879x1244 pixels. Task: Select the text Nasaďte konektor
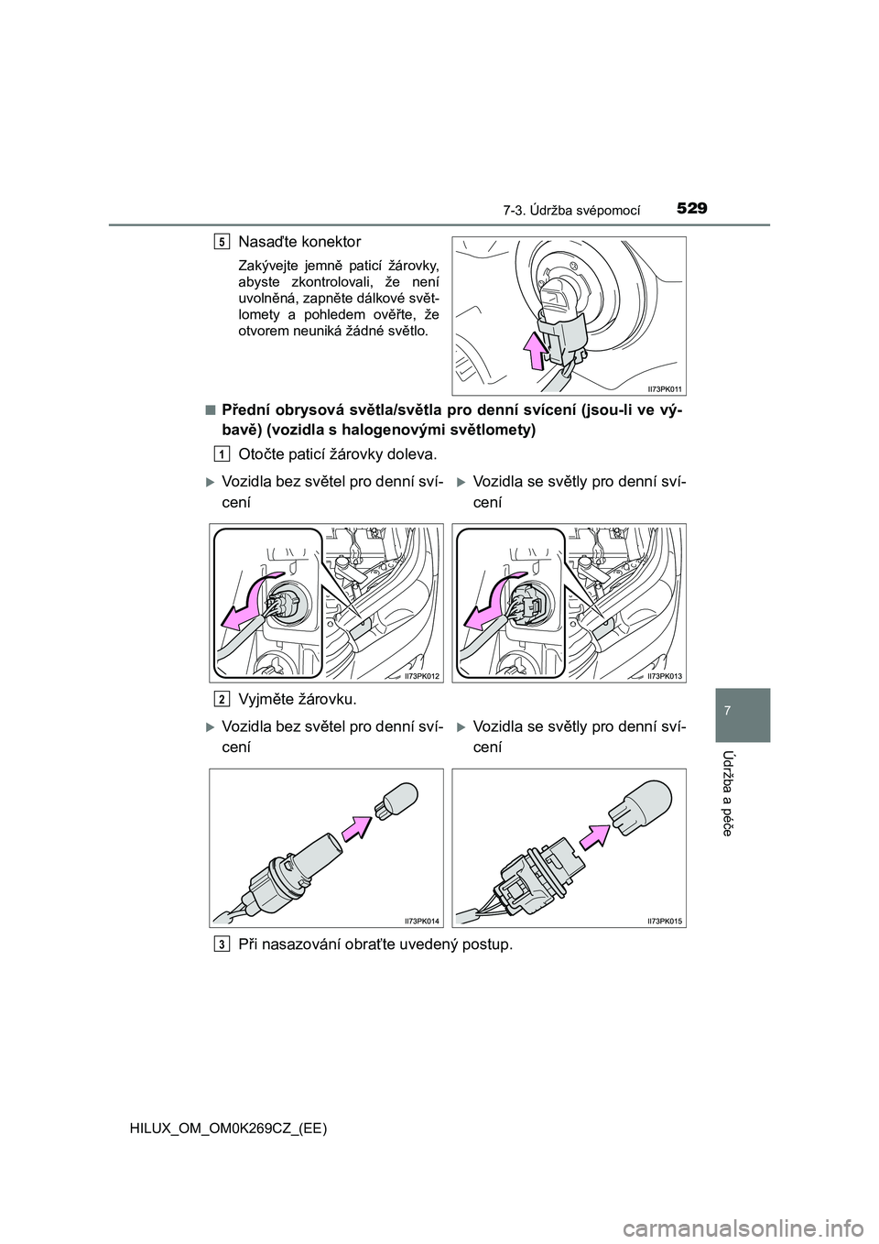pyautogui.click(x=298, y=242)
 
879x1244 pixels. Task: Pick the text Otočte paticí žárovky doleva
pyautogui.click(x=337, y=454)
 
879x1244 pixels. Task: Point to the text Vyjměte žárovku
pyautogui.click(x=298, y=700)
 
